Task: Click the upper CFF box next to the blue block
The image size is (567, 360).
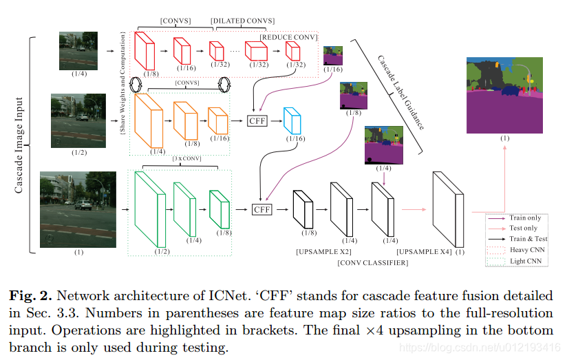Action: (257, 120)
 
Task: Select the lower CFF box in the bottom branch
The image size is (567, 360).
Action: (262, 209)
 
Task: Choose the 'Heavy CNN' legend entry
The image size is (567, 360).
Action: (526, 249)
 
